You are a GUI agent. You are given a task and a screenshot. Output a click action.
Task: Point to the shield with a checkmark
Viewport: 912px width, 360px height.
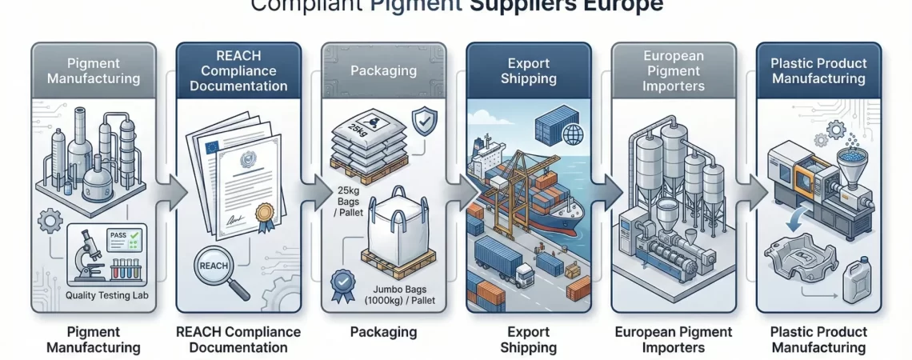pos(424,122)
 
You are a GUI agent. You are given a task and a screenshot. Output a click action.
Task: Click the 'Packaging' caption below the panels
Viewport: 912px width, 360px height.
pos(383,331)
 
